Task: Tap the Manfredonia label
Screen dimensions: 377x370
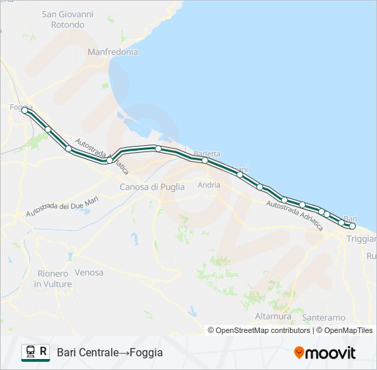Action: pyautogui.click(x=112, y=51)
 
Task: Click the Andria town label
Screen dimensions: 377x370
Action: pyautogui.click(x=208, y=185)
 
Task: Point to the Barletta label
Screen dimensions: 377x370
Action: pyautogui.click(x=206, y=153)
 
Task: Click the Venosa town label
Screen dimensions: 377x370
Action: pyautogui.click(x=89, y=273)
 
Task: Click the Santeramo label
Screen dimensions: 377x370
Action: pyautogui.click(x=324, y=318)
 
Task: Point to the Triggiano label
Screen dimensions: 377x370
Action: pyautogui.click(x=361, y=239)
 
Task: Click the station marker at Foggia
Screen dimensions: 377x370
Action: pyautogui.click(x=25, y=110)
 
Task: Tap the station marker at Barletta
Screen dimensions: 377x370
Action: pyautogui.click(x=205, y=160)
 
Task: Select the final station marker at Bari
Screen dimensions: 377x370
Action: pyautogui.click(x=352, y=225)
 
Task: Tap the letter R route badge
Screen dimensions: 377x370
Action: pyautogui.click(x=44, y=351)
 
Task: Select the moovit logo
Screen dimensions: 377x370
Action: pyautogui.click(x=325, y=352)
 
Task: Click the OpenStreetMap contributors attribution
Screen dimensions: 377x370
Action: pyautogui.click(x=259, y=330)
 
